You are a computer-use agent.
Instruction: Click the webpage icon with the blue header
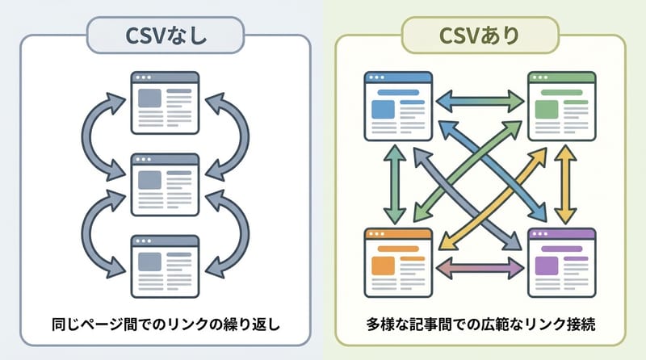point(398,106)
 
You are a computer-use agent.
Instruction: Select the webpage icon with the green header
point(562,106)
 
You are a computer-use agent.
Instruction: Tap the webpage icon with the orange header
point(398,262)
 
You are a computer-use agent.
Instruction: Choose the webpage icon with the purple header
point(562,262)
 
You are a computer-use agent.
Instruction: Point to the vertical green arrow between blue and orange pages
point(395,184)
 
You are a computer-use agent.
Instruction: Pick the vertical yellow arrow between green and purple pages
point(564,184)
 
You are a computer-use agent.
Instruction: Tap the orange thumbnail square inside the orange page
point(383,266)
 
